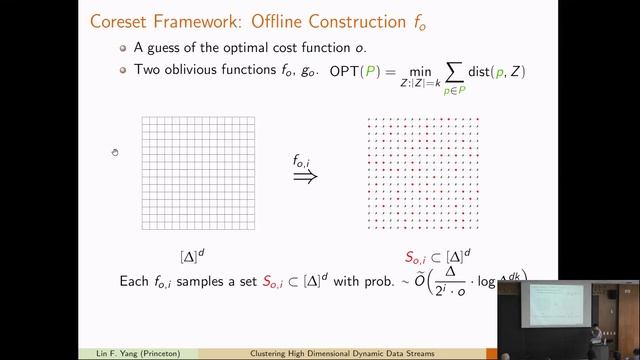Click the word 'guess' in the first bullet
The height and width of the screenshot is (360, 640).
[169, 47]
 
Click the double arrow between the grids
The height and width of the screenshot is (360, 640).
[304, 176]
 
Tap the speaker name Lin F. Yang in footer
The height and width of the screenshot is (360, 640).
[109, 353]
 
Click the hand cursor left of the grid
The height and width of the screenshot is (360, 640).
[115, 152]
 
